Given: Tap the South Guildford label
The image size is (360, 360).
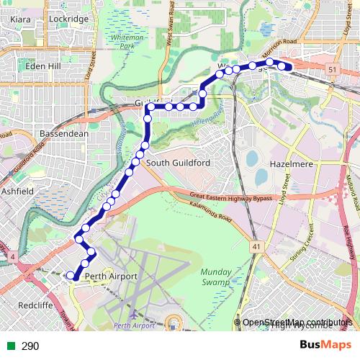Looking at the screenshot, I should [178, 163].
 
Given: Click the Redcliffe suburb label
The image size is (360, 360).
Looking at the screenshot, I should [30, 305].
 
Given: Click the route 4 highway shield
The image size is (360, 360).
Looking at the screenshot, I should [12, 256].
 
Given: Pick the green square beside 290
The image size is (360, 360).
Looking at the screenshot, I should [10, 346].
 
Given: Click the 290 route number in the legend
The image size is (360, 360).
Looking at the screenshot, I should [30, 346].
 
